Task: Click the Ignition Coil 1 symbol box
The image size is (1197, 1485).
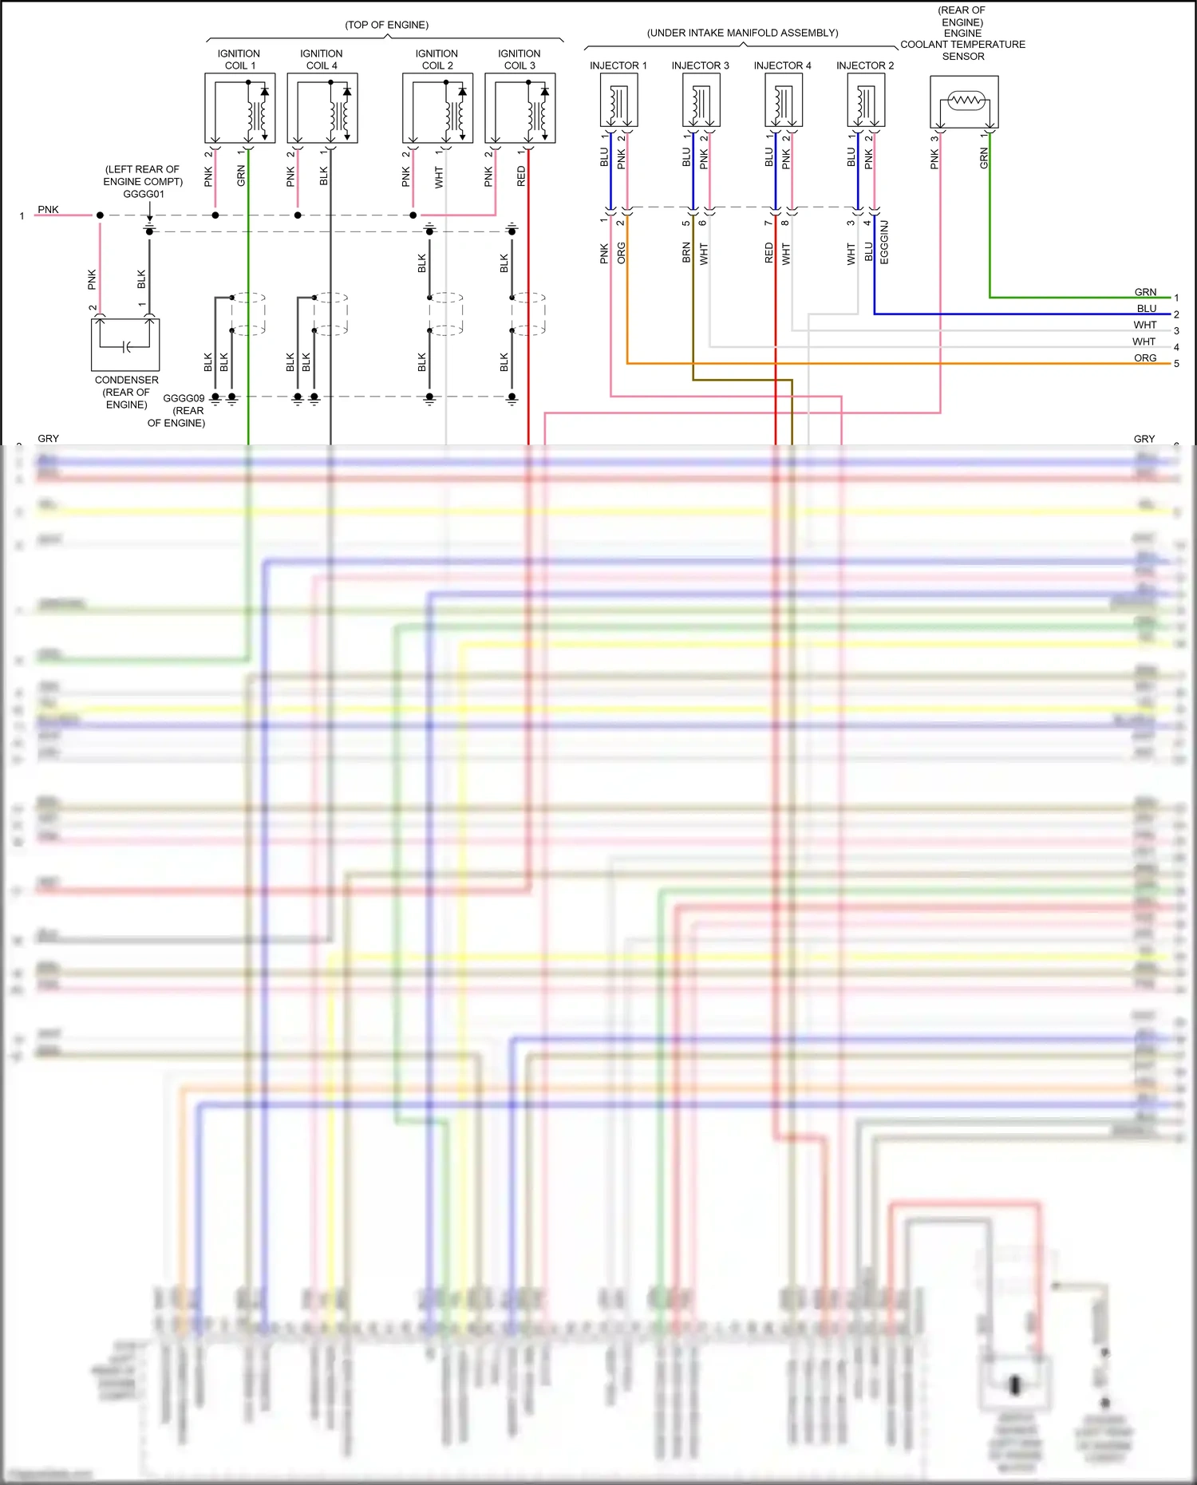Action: (x=239, y=108)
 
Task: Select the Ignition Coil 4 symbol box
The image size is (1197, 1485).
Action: (x=322, y=108)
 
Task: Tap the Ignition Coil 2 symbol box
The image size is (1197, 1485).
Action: (x=437, y=108)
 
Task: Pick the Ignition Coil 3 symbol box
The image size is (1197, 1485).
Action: (x=519, y=108)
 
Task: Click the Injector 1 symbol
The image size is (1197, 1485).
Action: (x=618, y=100)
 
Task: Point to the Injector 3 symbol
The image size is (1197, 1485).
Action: (x=701, y=100)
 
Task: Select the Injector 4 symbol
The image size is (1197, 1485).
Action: (x=783, y=100)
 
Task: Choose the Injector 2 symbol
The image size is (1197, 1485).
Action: (x=866, y=100)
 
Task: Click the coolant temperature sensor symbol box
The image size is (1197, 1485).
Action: (x=964, y=101)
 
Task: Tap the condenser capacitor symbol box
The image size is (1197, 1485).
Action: (x=125, y=345)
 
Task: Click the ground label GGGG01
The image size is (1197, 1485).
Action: (x=144, y=194)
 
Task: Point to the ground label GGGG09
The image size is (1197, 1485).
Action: (x=184, y=398)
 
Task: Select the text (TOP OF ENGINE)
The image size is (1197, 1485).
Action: (x=386, y=25)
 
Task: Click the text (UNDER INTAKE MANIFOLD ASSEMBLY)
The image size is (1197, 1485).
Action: (x=742, y=33)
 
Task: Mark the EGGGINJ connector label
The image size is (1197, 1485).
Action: (x=884, y=242)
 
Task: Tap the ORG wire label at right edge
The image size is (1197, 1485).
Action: (x=1145, y=358)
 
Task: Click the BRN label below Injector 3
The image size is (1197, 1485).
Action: (x=686, y=253)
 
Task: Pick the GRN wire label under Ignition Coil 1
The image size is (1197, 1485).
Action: (x=241, y=176)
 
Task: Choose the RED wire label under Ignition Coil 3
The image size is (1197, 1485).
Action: (x=522, y=176)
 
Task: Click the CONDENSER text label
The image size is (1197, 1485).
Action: (x=126, y=380)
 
